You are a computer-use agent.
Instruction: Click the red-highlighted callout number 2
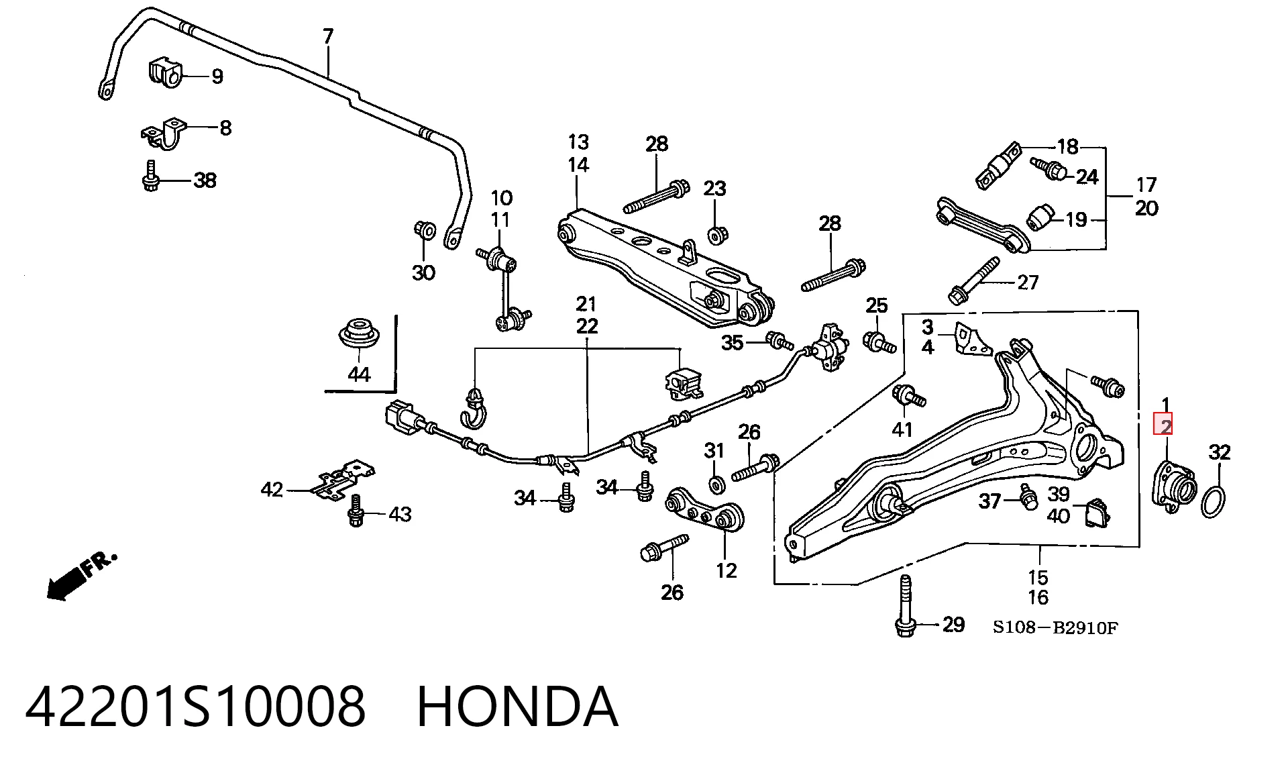(x=1166, y=425)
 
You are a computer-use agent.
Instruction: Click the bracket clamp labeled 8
(x=165, y=134)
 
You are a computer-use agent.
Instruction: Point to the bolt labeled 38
(x=150, y=176)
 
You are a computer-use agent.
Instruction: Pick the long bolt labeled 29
(x=906, y=605)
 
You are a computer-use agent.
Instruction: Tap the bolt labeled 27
(x=973, y=280)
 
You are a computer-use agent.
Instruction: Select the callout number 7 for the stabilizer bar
(x=327, y=36)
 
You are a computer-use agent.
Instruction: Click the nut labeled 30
(x=424, y=230)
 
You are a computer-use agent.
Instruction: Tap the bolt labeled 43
(x=356, y=511)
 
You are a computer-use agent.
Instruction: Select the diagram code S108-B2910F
(x=1055, y=628)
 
